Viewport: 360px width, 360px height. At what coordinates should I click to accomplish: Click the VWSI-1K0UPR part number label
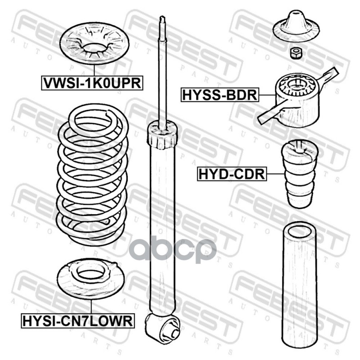pos(92,83)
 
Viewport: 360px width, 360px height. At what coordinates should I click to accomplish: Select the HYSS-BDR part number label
pos(220,95)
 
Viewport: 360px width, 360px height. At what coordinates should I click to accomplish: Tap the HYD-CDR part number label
pos(232,174)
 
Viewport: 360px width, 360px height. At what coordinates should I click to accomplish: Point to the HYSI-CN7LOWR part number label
pos(77,321)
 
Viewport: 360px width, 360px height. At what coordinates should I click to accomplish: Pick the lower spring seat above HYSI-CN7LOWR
pos(91,279)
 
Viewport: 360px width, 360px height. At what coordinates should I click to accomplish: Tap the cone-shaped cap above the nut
pos(297,26)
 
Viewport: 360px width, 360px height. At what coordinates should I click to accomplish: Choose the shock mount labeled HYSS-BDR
pos(297,99)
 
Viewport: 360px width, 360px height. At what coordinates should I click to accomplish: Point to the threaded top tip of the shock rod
pos(162,19)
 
